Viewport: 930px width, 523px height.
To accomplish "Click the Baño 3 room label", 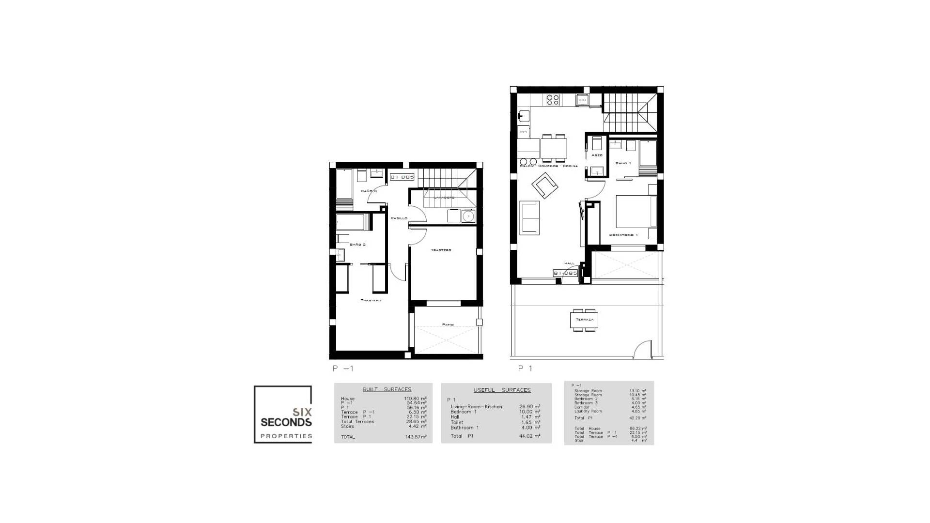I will (x=368, y=191).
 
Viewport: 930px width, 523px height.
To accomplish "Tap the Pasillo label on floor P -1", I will (x=399, y=218).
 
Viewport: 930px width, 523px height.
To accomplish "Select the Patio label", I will (x=448, y=324).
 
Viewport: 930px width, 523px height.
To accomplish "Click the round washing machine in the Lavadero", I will (x=468, y=216).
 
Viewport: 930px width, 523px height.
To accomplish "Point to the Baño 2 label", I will (x=357, y=245).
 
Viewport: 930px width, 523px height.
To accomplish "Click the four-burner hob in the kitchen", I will (x=553, y=100).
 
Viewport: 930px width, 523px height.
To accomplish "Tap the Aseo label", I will (x=597, y=155).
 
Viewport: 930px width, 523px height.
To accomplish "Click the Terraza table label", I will (x=584, y=320).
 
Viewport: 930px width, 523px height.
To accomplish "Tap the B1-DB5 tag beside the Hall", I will (x=565, y=273).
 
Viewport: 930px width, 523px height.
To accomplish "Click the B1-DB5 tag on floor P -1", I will (x=403, y=177).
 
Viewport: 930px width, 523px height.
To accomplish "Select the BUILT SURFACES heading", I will (x=387, y=389).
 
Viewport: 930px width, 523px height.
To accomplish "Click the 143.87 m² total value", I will (x=416, y=437).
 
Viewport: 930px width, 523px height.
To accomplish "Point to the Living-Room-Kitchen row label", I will (x=476, y=407).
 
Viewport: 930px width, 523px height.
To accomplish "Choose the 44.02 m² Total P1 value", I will (x=530, y=436).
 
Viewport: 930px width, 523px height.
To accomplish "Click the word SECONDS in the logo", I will (x=286, y=422).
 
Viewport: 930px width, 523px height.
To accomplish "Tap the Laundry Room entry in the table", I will (x=588, y=411).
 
